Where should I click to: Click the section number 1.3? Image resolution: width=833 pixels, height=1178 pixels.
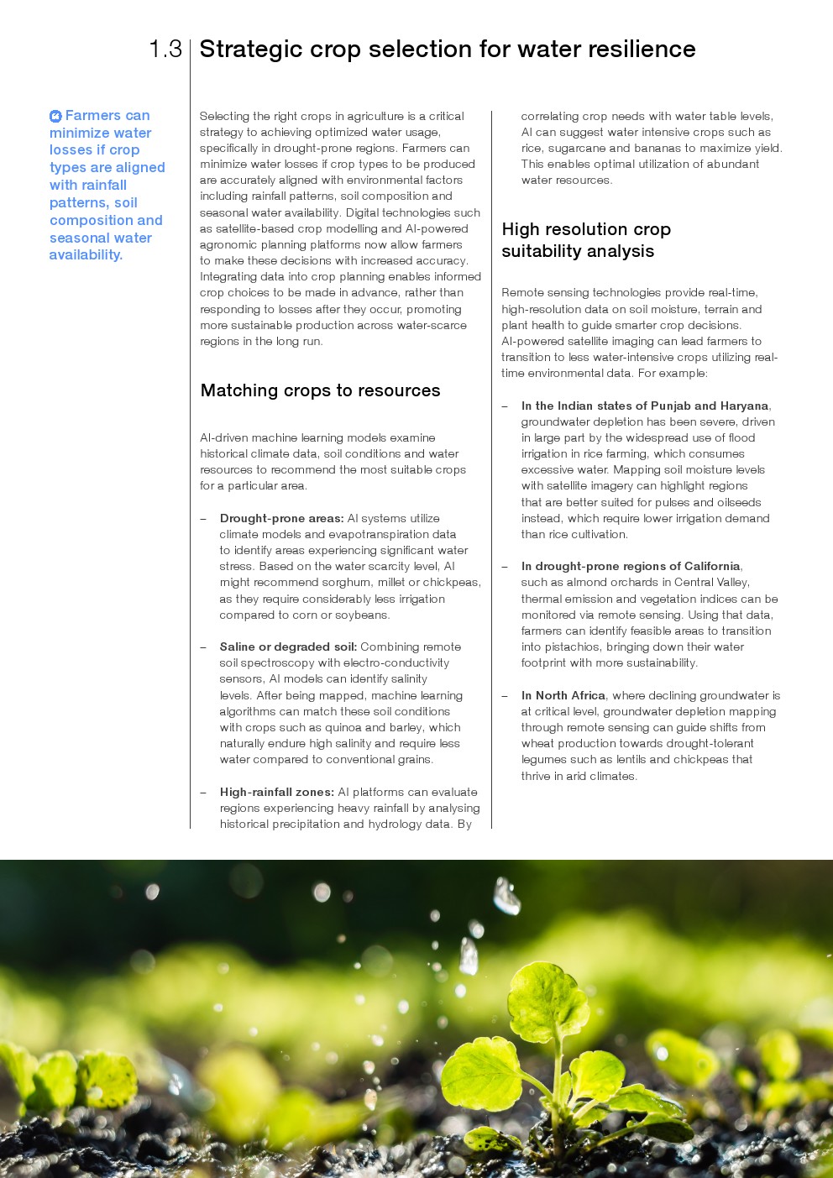[165, 50]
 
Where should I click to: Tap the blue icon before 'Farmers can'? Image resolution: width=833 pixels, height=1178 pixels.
[55, 117]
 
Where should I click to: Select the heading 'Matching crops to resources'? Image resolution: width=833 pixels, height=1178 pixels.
[320, 390]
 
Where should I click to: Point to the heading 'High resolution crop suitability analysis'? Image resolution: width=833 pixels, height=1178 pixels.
[585, 240]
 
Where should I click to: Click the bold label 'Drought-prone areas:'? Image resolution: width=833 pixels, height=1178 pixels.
[281, 519]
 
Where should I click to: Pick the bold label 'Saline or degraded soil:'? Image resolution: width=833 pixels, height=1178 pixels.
[288, 647]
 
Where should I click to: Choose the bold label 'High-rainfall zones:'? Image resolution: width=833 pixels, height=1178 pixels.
[277, 793]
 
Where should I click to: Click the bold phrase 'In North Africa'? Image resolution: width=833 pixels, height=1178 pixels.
[563, 696]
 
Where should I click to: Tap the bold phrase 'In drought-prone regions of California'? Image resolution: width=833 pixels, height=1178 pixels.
[630, 567]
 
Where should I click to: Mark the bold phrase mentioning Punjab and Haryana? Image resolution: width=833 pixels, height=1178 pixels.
[644, 406]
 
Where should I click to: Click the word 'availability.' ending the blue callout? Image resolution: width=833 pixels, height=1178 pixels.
[86, 255]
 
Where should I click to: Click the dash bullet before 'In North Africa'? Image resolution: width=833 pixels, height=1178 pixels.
[505, 696]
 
